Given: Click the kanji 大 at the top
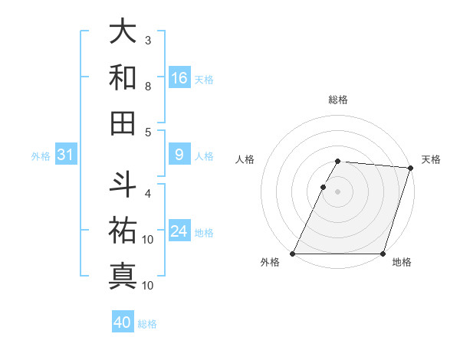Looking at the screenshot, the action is [x=123, y=32].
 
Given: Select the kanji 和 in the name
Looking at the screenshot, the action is [x=123, y=77].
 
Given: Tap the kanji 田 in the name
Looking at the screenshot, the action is [x=123, y=123].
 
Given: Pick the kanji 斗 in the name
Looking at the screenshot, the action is [x=123, y=185].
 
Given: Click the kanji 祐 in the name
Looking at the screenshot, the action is [x=123, y=230].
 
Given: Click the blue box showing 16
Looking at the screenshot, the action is [x=179, y=78].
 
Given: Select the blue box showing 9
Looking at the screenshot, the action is [x=179, y=155].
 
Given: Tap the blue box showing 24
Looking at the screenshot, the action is [x=179, y=232].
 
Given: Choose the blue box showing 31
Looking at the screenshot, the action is [x=66, y=155].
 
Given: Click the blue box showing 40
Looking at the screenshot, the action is [x=123, y=322].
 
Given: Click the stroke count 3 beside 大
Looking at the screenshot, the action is [x=148, y=40].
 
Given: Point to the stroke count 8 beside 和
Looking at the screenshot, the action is [x=148, y=86].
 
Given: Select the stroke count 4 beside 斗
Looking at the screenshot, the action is [x=148, y=193].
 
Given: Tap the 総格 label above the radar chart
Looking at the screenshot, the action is [x=338, y=100].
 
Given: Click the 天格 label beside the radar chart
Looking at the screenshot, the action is [x=431, y=159].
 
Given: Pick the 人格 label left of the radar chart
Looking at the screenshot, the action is [x=245, y=159].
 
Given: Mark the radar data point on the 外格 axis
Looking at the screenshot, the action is [x=293, y=254].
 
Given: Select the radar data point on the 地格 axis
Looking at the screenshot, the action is [x=383, y=254].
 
